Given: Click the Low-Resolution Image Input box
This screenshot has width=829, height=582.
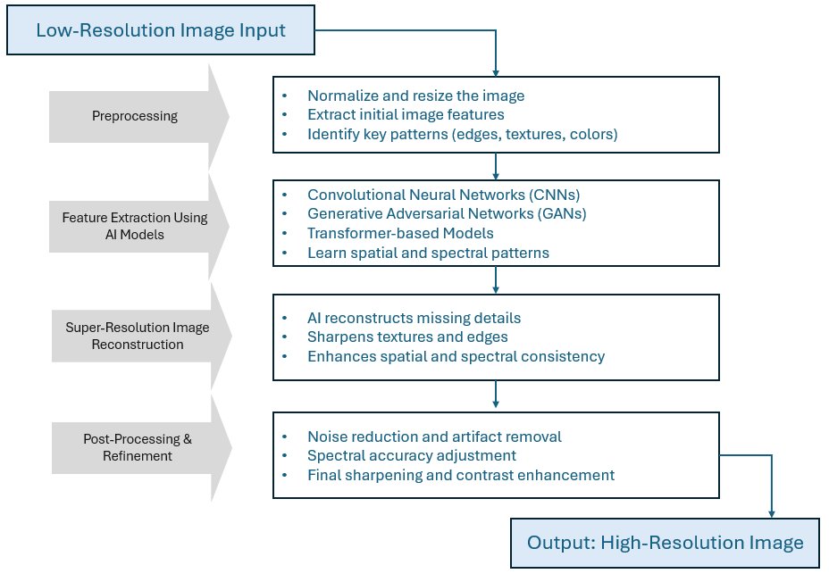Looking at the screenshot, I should point(161,30).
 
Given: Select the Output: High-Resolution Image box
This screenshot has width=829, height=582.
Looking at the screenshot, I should point(665,543).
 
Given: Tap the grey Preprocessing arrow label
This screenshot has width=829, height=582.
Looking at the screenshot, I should point(135,116).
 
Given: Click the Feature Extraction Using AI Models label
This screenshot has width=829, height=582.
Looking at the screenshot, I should point(135,225).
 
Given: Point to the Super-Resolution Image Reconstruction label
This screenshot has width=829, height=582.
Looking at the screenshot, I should point(138,336).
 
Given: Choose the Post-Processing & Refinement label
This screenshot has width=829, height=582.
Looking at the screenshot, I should point(138,447).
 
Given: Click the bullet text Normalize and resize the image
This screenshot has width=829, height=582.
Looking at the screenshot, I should point(415,96).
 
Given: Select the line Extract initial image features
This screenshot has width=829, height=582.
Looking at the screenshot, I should point(406,114).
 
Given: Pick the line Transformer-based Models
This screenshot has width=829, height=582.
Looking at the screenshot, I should point(400,233).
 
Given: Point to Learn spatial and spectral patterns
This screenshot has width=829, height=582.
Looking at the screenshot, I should point(428,253).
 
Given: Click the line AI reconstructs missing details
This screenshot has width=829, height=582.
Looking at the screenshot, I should point(414,318).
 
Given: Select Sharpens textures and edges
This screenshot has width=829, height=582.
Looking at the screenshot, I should point(407,337).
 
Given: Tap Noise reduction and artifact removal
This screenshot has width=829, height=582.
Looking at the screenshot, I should point(434,436).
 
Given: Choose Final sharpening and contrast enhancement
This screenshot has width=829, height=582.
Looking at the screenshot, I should point(461,475).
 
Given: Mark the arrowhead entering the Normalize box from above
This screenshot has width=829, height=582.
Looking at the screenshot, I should point(495,71).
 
